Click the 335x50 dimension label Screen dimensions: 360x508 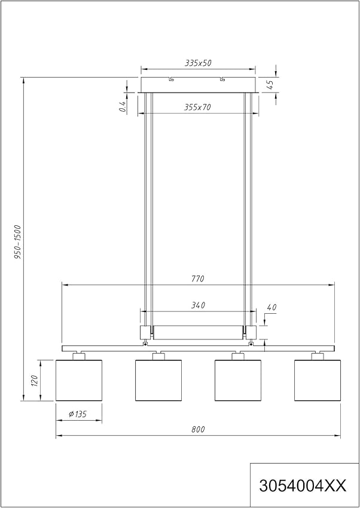[198, 63]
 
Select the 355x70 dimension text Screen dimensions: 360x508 [197, 107]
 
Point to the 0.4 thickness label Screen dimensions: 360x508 [123, 106]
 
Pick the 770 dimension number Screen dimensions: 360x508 [198, 279]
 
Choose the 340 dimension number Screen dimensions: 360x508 [198, 305]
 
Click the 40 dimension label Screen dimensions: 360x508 [272, 307]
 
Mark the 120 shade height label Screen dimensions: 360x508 [35, 381]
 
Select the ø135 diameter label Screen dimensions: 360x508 [78, 414]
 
